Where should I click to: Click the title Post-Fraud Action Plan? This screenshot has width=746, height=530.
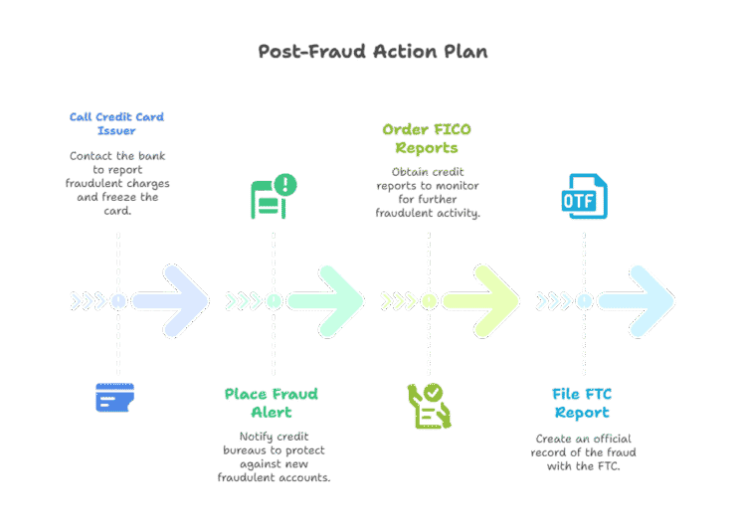(373, 51)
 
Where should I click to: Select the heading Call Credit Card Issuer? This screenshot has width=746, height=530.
(116, 123)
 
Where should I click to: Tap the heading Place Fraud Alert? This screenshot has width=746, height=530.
(272, 403)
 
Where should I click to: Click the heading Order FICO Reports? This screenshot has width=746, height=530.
(427, 138)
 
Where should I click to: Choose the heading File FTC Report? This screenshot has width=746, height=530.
(582, 403)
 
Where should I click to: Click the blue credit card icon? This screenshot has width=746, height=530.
(115, 398)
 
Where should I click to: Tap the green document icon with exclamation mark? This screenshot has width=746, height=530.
(273, 195)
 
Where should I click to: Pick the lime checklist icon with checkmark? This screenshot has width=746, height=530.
(429, 406)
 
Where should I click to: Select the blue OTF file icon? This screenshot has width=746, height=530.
(584, 196)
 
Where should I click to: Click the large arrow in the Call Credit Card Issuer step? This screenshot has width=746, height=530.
(171, 300)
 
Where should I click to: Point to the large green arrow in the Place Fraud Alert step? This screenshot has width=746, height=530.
(326, 300)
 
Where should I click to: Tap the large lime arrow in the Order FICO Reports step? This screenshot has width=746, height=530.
(481, 300)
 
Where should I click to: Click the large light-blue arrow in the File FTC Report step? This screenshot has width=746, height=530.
(637, 300)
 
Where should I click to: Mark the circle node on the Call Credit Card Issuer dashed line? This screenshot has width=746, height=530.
(118, 300)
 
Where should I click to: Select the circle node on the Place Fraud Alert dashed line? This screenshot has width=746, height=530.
(274, 300)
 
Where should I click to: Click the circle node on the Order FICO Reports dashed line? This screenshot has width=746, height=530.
(429, 300)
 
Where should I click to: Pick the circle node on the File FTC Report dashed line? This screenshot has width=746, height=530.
(584, 300)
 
